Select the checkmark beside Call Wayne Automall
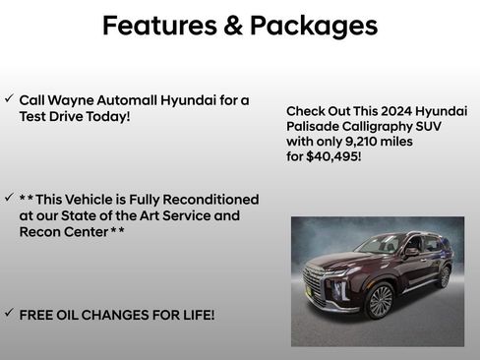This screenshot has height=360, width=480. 9,100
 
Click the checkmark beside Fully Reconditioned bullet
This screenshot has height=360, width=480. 9,199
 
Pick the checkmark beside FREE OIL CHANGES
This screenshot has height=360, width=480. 9,314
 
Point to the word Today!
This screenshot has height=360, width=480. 107,116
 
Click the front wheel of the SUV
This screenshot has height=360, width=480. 380,302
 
